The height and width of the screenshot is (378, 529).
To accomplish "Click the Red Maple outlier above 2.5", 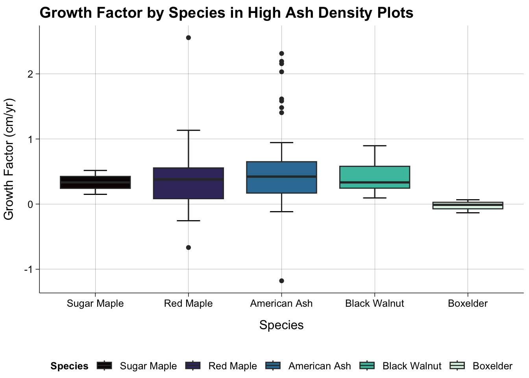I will pyautogui.click(x=189, y=38).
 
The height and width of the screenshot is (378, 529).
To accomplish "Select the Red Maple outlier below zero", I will pyautogui.click(x=189, y=248).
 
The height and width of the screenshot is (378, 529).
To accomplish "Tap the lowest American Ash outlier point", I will pyautogui.click(x=281, y=281).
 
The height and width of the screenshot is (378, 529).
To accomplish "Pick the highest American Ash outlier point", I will pyautogui.click(x=281, y=54).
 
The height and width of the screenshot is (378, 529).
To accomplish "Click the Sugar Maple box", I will pyautogui.click(x=95, y=182).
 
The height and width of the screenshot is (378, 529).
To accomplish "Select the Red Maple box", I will pyautogui.click(x=189, y=183).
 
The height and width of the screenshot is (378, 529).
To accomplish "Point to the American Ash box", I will pyautogui.click(x=281, y=177).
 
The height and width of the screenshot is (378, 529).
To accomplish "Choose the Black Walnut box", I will pyautogui.click(x=375, y=177).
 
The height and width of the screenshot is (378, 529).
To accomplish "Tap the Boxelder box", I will pyautogui.click(x=468, y=205).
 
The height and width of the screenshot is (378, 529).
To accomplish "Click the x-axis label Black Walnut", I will pyautogui.click(x=375, y=304).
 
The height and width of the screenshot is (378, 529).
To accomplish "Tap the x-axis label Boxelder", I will pyautogui.click(x=468, y=304).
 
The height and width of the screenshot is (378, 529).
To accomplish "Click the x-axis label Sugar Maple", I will pyautogui.click(x=95, y=304).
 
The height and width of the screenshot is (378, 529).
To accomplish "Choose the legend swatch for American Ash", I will pyautogui.click(x=273, y=366).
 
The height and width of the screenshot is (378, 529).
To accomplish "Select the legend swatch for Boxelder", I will pyautogui.click(x=458, y=366).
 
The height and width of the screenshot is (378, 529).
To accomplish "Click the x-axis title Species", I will pyautogui.click(x=281, y=325).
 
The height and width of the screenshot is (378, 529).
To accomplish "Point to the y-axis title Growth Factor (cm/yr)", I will pyautogui.click(x=9, y=159).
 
